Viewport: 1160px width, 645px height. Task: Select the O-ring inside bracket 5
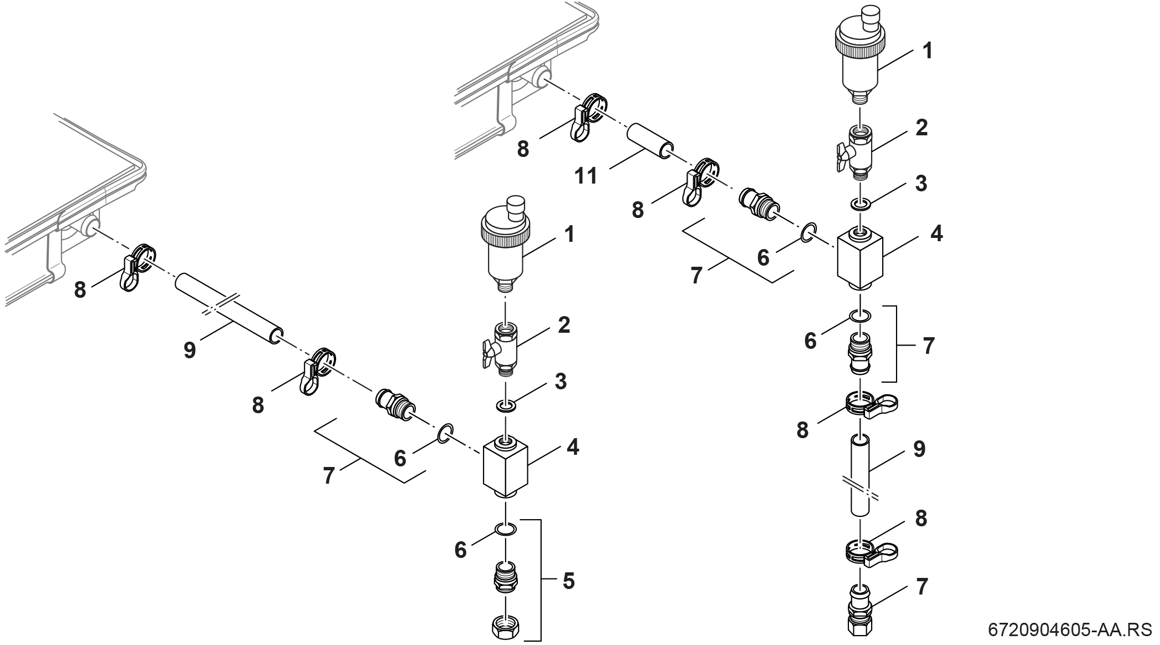[x=506, y=528]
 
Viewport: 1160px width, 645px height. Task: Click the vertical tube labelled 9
[x=859, y=476]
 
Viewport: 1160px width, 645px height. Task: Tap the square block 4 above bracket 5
[x=506, y=464]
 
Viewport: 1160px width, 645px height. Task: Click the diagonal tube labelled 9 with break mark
[x=227, y=309]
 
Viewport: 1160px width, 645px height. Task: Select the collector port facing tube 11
[x=541, y=78]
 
